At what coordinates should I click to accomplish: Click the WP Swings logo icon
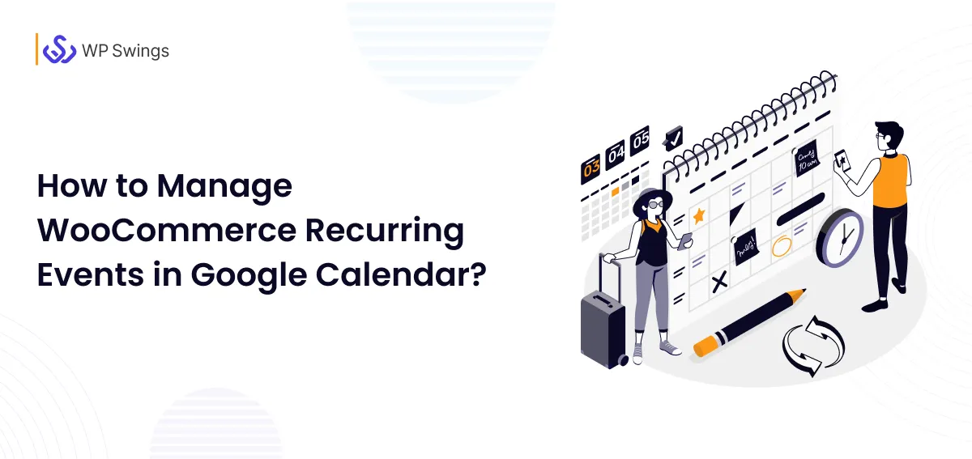tap(59, 49)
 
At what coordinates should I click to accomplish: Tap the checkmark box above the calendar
tap(673, 137)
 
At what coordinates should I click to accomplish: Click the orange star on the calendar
tap(698, 216)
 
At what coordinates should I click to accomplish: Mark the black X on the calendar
tap(718, 283)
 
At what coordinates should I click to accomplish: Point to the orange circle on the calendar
tap(781, 246)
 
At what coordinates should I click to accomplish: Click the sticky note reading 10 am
tap(806, 159)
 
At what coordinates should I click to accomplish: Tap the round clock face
tap(840, 236)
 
